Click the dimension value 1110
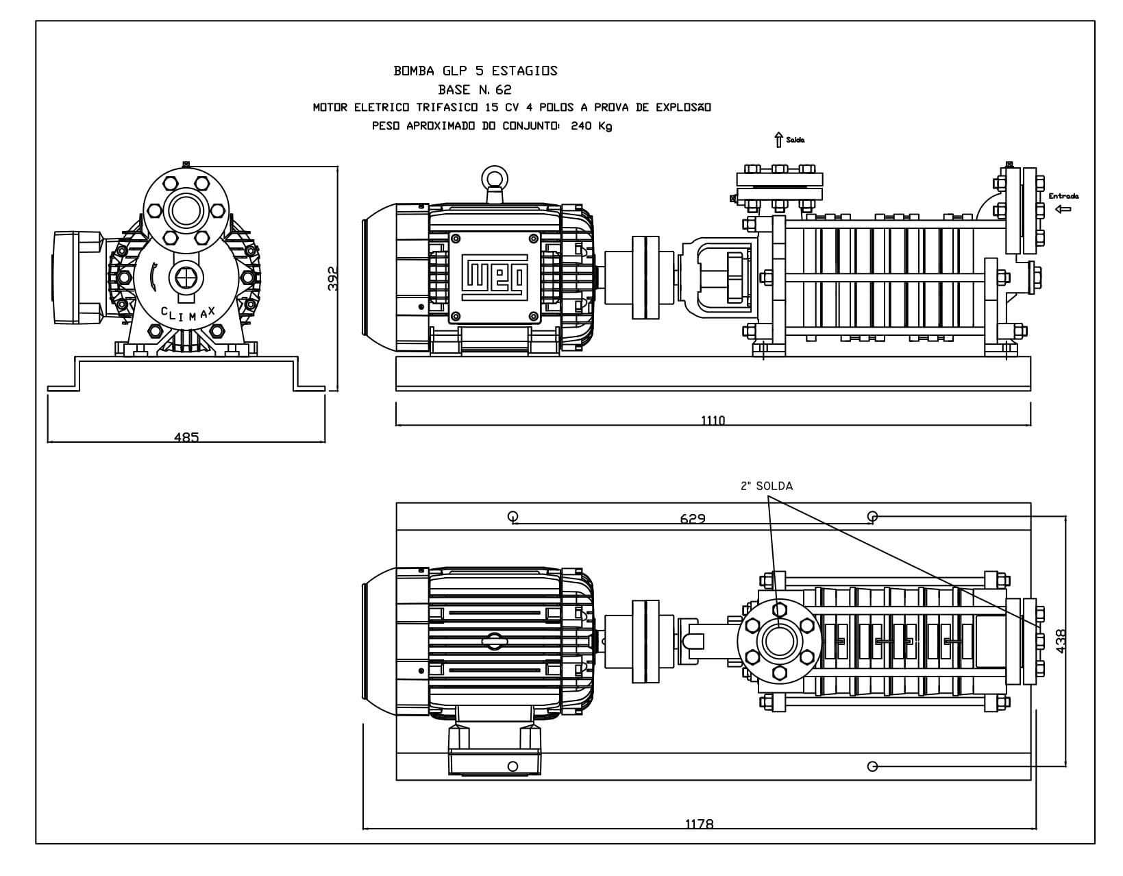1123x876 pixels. [713, 420]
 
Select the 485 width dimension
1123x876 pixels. [186, 437]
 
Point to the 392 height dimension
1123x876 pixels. [333, 278]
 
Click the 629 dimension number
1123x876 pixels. [693, 518]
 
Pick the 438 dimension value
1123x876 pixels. [1061, 641]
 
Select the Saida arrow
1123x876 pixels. [779, 140]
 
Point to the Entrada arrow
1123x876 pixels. [1063, 209]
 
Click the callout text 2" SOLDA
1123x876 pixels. [767, 486]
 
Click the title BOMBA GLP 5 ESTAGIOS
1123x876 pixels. [476, 71]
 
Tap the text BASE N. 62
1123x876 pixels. [475, 90]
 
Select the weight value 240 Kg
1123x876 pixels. [591, 126]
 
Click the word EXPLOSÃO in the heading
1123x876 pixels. [683, 107]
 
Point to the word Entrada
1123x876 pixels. [1063, 196]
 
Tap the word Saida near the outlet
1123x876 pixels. [795, 140]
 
